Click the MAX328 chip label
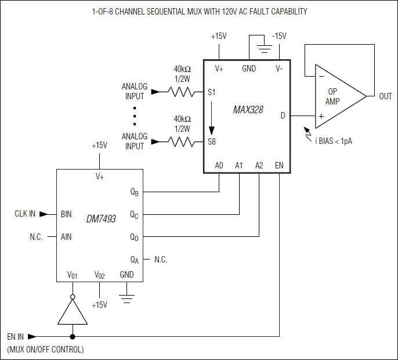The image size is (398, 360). pos(248,109)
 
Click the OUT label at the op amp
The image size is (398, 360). pos(385,96)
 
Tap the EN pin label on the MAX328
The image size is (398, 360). pos(279,165)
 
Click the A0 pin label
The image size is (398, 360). pos(219,165)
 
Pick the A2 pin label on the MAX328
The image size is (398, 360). pos(259,165)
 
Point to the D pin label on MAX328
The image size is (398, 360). pos(283,116)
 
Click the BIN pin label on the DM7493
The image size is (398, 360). pos(66,214)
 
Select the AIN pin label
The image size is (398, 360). pos(66,237)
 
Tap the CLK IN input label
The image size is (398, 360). pos(25,214)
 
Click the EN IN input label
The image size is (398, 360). pos(16,336)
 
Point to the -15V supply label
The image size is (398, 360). pos(279,36)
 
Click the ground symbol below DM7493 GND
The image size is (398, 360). pos(126,298)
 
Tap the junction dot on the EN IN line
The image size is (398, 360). pos(73,336)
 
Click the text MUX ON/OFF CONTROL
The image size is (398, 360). pos(46,350)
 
